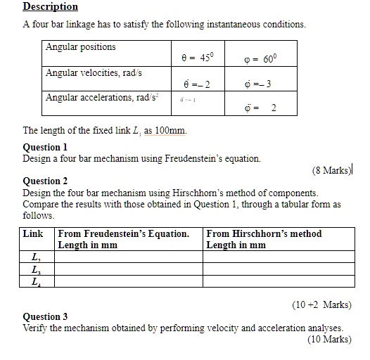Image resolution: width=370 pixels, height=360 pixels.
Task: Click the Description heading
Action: (x=50, y=6)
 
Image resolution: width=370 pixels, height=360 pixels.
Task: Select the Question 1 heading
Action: (x=46, y=147)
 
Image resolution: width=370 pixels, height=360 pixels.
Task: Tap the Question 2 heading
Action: (x=46, y=181)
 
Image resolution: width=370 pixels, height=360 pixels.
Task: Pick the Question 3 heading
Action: (x=46, y=316)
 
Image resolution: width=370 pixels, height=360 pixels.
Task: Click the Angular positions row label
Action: (x=81, y=47)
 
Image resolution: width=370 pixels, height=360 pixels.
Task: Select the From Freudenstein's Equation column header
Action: (x=123, y=239)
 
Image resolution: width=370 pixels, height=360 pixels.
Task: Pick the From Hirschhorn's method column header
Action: (x=264, y=239)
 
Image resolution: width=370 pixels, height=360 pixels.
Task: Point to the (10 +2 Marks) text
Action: (x=321, y=304)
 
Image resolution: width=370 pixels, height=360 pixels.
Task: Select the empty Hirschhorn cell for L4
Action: (x=278, y=281)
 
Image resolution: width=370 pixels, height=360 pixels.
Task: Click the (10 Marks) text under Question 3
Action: (x=328, y=339)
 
